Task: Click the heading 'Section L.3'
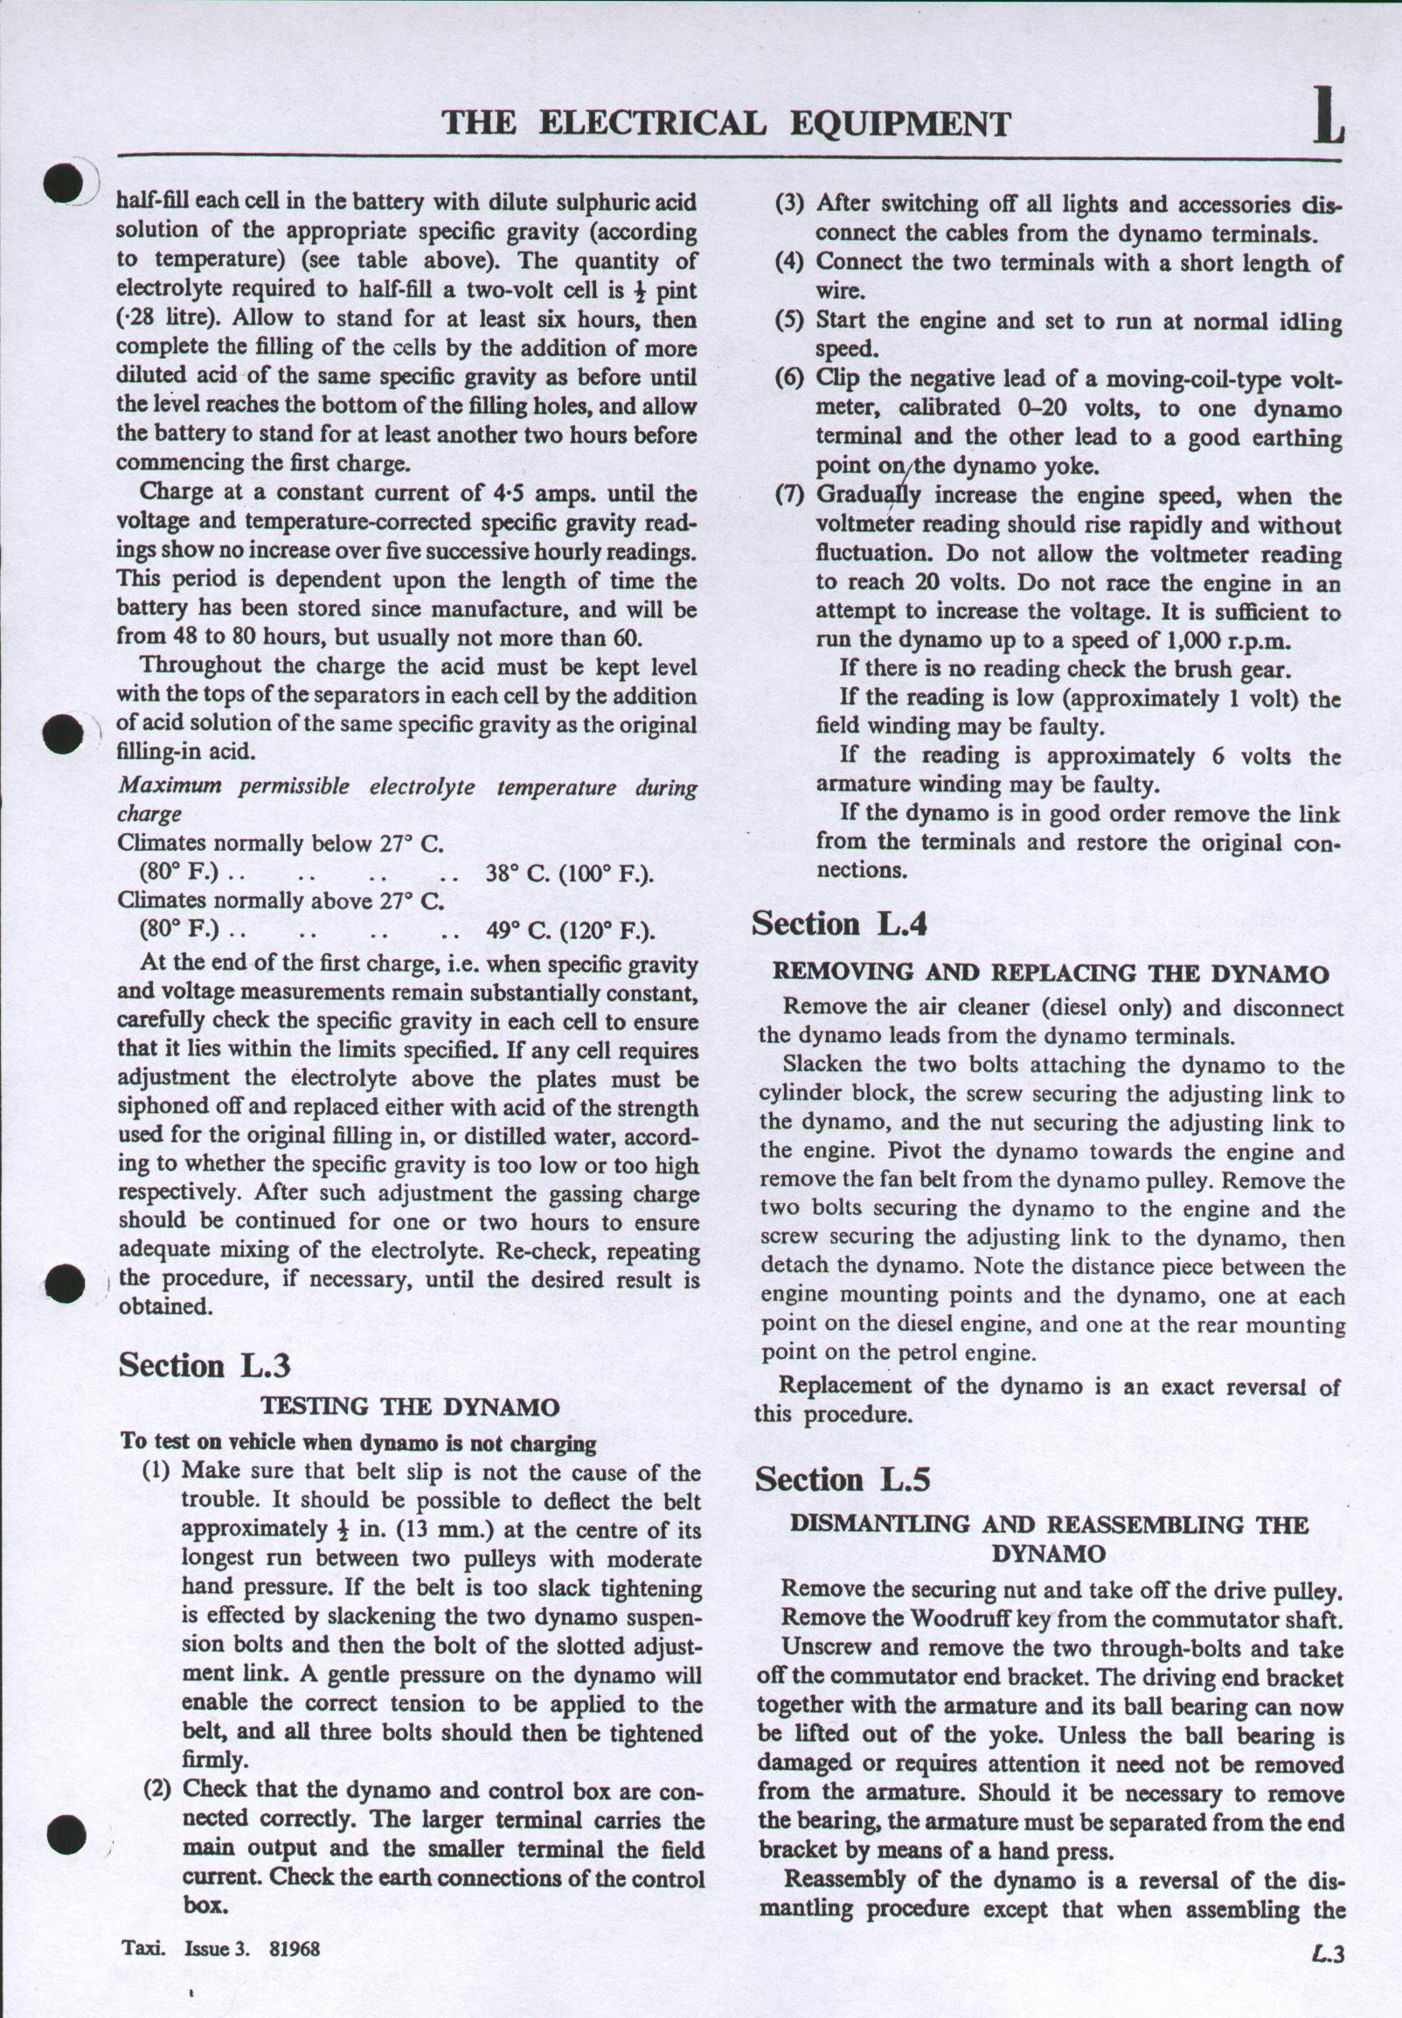coord(204,1365)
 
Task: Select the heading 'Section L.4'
coord(841,925)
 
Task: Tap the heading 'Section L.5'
coord(843,1480)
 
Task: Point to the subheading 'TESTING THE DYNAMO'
coord(410,1408)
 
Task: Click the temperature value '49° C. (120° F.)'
coord(572,930)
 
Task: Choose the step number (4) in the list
coord(790,261)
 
